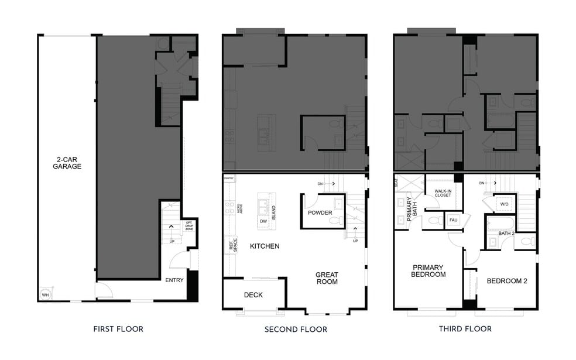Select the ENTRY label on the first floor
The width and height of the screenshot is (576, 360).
tap(174, 280)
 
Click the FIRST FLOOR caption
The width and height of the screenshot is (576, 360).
tap(118, 329)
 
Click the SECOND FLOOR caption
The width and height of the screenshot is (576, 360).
tap(296, 329)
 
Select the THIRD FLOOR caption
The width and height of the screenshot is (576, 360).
tap(465, 329)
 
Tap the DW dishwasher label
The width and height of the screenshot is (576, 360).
tap(264, 222)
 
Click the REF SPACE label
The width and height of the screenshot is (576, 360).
tap(232, 245)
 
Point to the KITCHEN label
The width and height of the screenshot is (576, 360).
tap(265, 246)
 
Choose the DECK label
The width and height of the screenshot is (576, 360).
tap(253, 294)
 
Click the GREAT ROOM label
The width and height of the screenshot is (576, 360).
tap(327, 278)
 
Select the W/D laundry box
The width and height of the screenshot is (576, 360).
tap(503, 204)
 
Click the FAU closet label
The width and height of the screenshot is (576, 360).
tap(452, 221)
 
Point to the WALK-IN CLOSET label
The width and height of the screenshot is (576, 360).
tap(443, 193)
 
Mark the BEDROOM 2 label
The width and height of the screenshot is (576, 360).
tap(507, 281)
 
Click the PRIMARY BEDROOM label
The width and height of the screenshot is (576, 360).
tap(428, 270)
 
